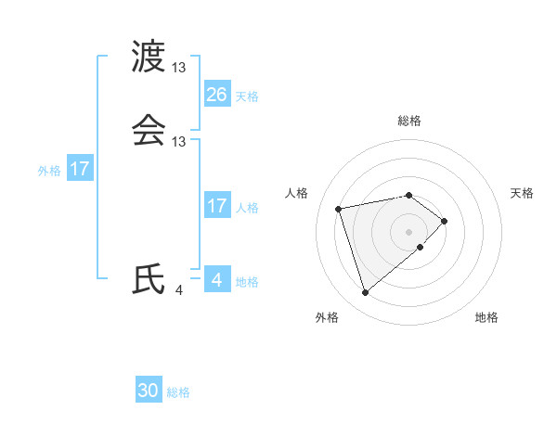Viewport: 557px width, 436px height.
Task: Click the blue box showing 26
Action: tap(217, 95)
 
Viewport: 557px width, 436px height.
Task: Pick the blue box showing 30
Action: tap(149, 391)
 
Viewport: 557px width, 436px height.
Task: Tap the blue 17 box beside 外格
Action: tap(80, 170)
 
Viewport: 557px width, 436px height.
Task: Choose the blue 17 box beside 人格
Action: tap(217, 206)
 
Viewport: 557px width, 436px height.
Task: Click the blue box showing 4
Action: tap(217, 279)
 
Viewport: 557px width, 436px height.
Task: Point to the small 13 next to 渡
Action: tap(179, 68)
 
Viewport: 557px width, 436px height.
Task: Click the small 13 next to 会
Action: tap(179, 142)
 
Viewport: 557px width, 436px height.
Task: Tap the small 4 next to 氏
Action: tap(178, 290)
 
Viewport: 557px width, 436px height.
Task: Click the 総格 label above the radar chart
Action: tap(409, 121)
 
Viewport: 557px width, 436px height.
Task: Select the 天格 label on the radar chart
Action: tap(522, 193)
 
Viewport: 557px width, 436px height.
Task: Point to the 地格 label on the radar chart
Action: tap(486, 317)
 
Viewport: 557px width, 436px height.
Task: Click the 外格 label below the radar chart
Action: tap(327, 317)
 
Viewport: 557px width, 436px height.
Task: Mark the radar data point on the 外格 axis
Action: tap(366, 293)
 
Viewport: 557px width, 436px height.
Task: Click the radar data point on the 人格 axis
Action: tap(340, 208)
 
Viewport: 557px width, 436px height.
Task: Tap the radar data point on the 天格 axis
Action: tap(446, 221)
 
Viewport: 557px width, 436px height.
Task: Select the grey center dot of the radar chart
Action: tap(409, 231)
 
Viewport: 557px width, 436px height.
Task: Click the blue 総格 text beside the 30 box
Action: tap(178, 392)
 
